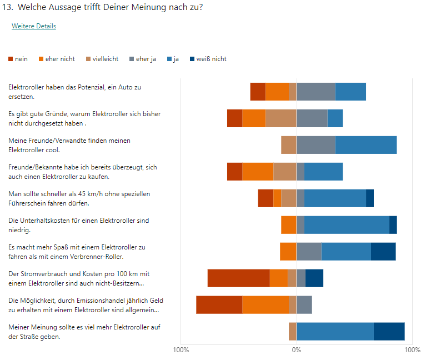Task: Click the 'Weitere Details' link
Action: [x=34, y=26]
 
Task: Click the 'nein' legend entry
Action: [x=21, y=59]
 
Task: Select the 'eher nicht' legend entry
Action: [x=61, y=59]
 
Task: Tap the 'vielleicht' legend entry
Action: [x=104, y=59]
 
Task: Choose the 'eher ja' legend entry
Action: [x=146, y=59]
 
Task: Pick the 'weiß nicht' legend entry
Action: [x=211, y=59]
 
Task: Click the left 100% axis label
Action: [x=181, y=350]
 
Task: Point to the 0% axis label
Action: [x=297, y=350]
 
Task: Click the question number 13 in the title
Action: [x=8, y=7]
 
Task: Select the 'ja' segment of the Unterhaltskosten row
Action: [x=347, y=225]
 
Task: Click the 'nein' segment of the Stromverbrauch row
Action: [x=238, y=278]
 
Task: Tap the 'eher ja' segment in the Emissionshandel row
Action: [x=304, y=305]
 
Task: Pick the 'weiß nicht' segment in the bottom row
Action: [x=389, y=332]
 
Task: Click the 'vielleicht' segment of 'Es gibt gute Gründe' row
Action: [x=280, y=118]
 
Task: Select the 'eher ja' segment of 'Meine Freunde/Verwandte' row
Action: [x=315, y=145]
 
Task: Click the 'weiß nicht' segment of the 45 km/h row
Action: [x=370, y=198]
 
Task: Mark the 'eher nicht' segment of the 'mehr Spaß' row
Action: [x=288, y=252]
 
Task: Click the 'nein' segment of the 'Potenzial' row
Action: [x=258, y=92]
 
